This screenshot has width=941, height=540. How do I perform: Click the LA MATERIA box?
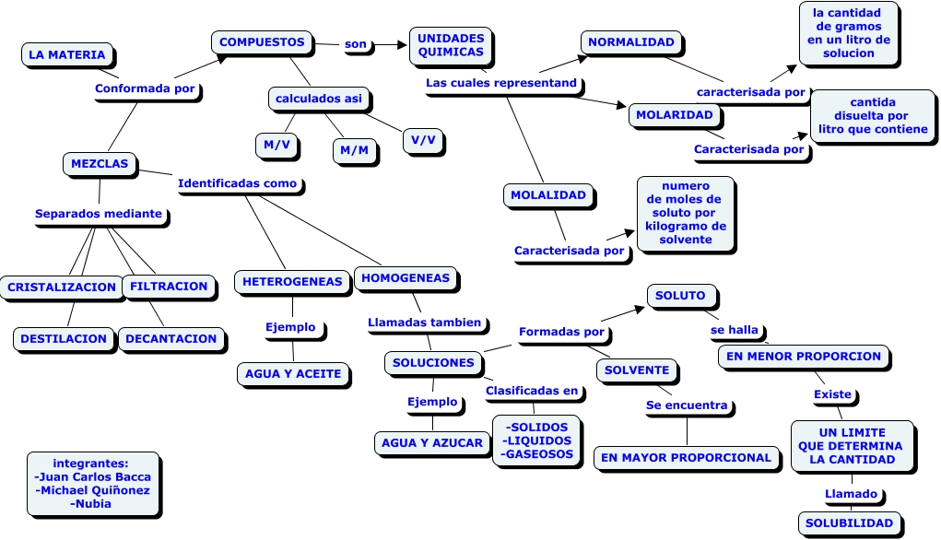67,54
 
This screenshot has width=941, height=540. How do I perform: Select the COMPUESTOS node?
262,42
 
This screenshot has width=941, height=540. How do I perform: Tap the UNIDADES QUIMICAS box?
451,45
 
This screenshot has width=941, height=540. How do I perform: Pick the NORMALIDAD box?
631,42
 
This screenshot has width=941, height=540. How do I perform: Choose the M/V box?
276,145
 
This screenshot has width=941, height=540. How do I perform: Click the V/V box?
424,140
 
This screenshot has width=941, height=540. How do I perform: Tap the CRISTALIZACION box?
62,287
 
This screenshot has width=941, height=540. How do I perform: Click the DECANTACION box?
171,338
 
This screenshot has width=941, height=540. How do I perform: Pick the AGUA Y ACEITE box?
293,373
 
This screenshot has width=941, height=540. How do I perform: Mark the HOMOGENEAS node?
406,277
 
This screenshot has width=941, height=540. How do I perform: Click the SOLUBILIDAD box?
849,522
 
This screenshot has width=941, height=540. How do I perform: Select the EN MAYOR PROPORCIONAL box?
687,457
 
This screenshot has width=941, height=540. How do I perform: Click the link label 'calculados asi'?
319,98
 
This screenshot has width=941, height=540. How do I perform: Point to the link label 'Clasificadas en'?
532,391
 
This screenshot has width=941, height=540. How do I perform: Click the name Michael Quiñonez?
92,490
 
